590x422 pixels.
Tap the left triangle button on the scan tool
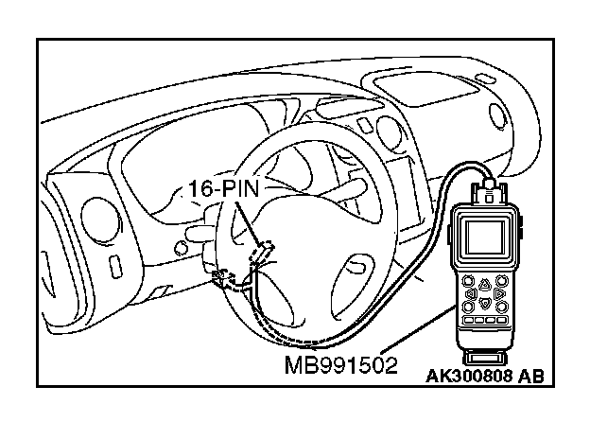(471, 292)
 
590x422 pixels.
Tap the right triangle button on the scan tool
(498, 293)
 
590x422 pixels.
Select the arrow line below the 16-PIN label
(248, 222)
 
